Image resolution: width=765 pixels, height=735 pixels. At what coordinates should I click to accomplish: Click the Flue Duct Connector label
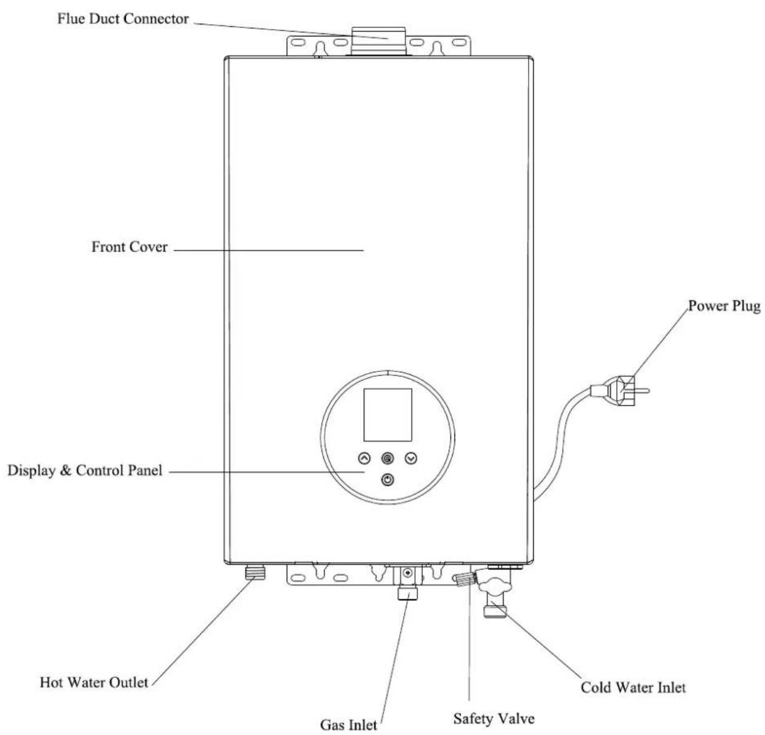pyautogui.click(x=123, y=19)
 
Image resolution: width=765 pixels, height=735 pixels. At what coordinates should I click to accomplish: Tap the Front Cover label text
pyautogui.click(x=129, y=247)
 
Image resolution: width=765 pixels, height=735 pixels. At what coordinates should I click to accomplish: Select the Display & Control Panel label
pyautogui.click(x=85, y=471)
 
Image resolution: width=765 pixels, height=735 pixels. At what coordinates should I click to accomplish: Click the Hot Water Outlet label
pyautogui.click(x=94, y=682)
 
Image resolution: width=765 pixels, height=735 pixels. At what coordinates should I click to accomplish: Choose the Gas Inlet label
pyautogui.click(x=349, y=725)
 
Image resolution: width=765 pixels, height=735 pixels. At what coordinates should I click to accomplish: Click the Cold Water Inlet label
pyautogui.click(x=633, y=688)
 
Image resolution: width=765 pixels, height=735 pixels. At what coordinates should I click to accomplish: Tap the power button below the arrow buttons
pyautogui.click(x=388, y=480)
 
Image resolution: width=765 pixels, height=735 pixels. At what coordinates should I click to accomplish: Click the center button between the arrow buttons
pyautogui.click(x=388, y=458)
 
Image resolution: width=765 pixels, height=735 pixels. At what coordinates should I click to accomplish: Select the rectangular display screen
pyautogui.click(x=388, y=415)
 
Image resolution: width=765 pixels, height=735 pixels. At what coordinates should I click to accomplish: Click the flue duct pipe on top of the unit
pyautogui.click(x=378, y=42)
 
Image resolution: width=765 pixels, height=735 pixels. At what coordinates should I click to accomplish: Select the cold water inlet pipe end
pyautogui.click(x=495, y=610)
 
